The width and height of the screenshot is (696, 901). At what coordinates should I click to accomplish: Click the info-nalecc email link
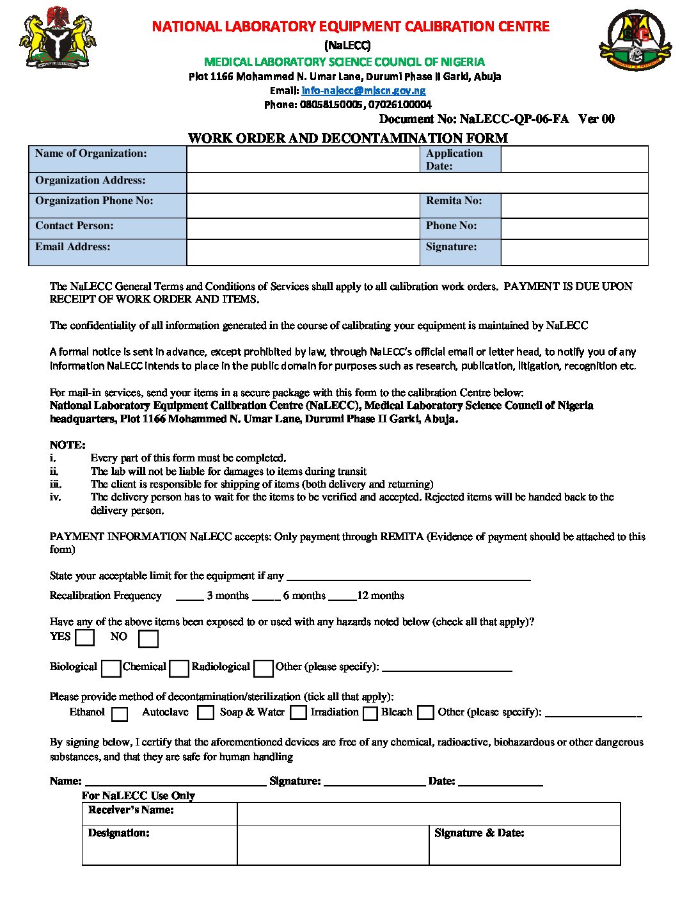coord(363,91)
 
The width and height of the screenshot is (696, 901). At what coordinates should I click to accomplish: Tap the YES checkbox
coord(84,638)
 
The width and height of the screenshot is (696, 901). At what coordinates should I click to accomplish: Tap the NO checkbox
coord(148,639)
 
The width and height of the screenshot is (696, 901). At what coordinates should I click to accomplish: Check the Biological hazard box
coord(111,669)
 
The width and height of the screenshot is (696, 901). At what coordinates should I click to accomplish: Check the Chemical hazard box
coord(180,669)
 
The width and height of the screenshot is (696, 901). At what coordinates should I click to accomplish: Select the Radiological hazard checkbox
coord(264,669)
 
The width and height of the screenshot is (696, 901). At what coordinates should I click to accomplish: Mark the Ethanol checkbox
coord(120,714)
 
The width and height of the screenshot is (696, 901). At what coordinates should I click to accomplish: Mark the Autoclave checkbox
coord(205,713)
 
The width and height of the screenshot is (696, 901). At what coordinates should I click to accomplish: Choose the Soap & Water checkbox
coord(298,713)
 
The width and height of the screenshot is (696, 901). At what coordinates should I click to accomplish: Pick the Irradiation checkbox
coord(370,714)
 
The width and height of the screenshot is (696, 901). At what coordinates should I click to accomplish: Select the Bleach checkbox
coord(425,713)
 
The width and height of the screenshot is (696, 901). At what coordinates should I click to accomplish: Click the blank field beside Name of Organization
coord(303,159)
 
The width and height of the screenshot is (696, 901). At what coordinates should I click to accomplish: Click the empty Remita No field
coord(574,205)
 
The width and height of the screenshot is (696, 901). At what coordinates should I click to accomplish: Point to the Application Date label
coord(454,159)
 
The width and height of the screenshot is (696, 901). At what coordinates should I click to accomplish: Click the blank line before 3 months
coord(189,596)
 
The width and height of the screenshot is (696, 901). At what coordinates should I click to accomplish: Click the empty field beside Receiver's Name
coord(429,814)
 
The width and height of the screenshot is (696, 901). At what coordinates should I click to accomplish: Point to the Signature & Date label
coord(479,833)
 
